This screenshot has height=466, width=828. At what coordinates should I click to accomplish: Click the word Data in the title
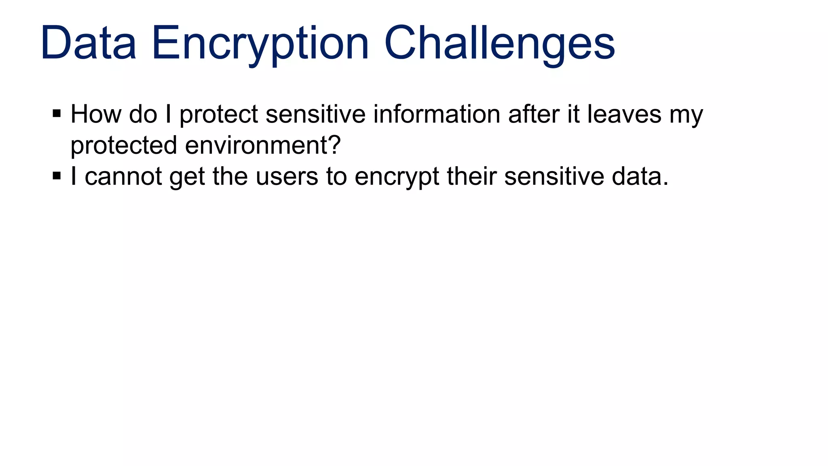88,43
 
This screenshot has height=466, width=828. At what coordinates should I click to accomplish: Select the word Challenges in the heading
499,43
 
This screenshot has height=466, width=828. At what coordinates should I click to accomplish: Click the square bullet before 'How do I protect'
57,113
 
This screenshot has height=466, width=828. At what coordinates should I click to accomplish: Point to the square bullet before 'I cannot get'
57,176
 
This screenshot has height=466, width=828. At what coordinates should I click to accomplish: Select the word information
437,114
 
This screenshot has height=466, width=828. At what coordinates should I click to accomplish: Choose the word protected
124,145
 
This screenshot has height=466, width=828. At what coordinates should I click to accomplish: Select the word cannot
123,177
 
